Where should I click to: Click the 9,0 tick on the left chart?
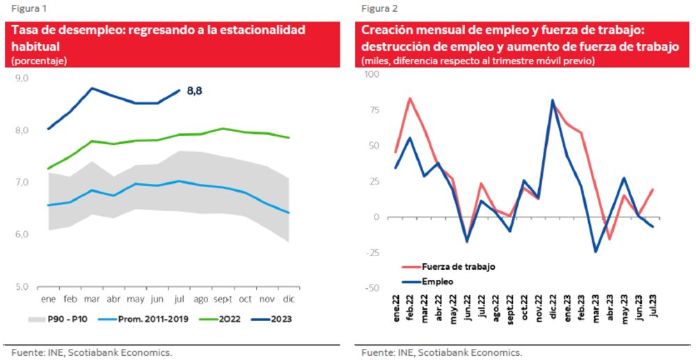22,79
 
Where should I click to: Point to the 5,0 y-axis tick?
22,286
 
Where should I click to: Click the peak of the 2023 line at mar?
92,88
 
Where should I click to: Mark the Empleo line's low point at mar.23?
596,251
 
